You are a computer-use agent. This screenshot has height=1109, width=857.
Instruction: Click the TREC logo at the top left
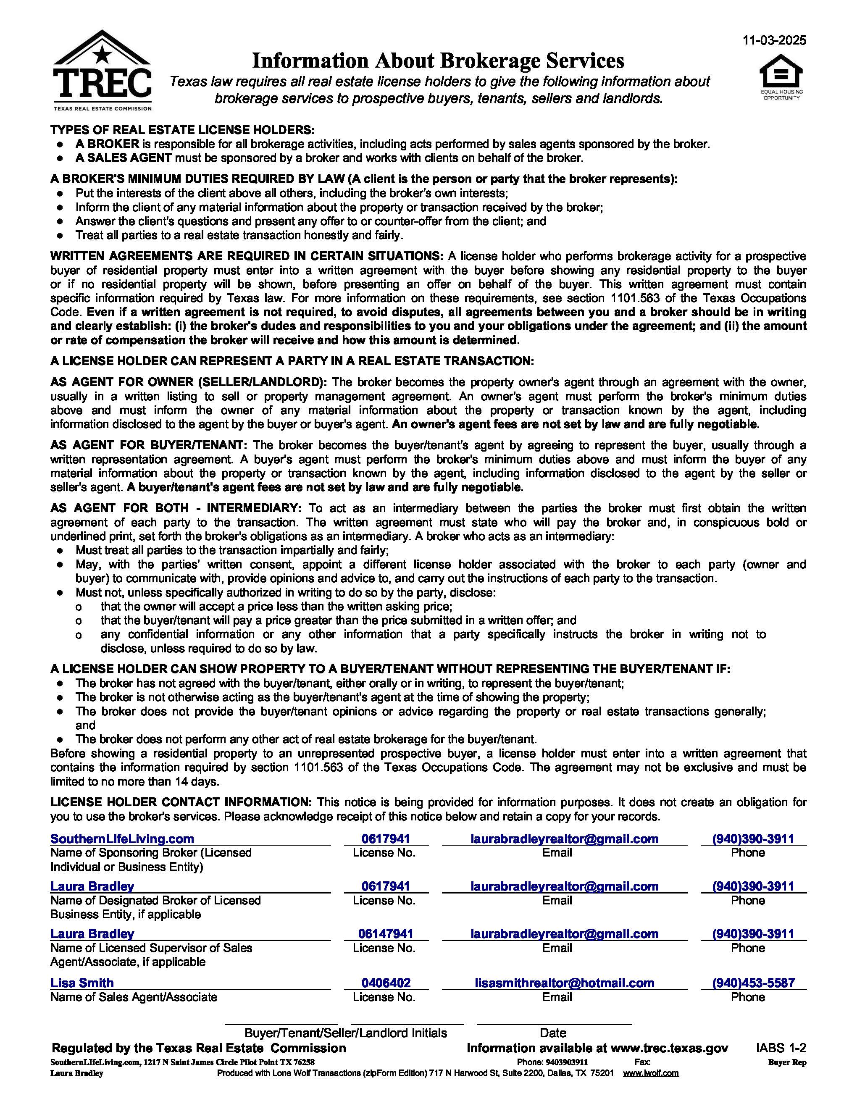click(102, 71)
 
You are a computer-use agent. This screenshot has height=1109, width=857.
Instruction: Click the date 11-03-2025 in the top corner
click(774, 41)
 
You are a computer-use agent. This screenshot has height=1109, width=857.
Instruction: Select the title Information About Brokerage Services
click(438, 61)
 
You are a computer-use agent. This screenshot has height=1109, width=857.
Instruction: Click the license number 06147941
click(386, 934)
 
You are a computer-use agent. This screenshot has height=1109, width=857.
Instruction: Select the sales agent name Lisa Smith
click(82, 983)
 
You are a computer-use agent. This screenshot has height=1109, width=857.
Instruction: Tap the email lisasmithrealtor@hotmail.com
click(564, 983)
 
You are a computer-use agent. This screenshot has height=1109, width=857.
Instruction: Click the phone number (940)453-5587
click(753, 983)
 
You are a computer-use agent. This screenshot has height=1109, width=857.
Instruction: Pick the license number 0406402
click(386, 983)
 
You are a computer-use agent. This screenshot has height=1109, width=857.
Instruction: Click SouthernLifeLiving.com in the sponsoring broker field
click(122, 839)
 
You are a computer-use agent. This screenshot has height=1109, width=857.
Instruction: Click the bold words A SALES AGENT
click(124, 158)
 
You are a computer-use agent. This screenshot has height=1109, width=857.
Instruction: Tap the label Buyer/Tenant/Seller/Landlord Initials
click(345, 1033)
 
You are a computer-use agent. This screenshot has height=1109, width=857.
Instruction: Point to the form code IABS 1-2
click(781, 1048)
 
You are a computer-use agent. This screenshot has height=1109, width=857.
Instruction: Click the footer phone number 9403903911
click(566, 1062)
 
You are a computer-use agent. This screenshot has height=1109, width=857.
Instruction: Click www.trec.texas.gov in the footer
click(669, 1048)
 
